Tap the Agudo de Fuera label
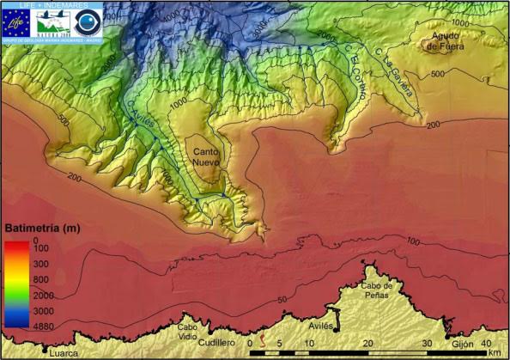(x=447, y=40)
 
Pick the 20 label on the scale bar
(x=367, y=342)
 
